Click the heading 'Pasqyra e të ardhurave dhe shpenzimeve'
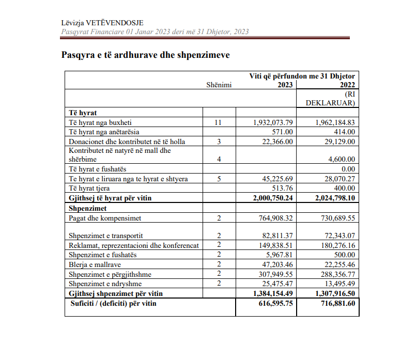pyautogui.click(x=145, y=55)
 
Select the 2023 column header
pyautogui.click(x=285, y=85)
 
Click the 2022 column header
pyautogui.click(x=347, y=85)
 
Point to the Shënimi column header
pyautogui.click(x=219, y=85)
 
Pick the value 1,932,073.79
pyautogui.click(x=273, y=122)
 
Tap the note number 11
pyautogui.click(x=219, y=122)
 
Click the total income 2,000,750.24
pyautogui.click(x=272, y=198)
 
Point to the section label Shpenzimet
pyautogui.click(x=88, y=208)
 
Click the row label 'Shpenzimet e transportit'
pyautogui.click(x=105, y=236)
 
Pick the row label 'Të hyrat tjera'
pyautogui.click(x=90, y=188)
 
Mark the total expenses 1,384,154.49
pyautogui.click(x=272, y=293)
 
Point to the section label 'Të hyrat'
pyautogui.click(x=83, y=112)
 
